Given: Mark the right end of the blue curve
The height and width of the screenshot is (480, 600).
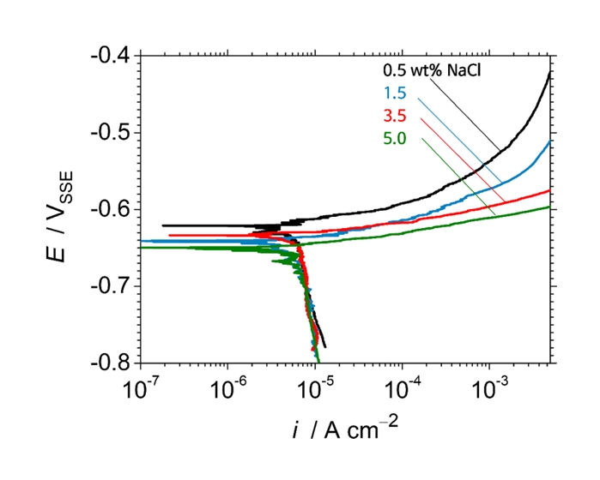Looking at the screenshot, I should point(548,142).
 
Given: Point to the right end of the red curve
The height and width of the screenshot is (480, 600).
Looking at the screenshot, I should point(548,190).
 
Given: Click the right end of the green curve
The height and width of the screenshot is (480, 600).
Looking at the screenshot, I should point(548,207).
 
